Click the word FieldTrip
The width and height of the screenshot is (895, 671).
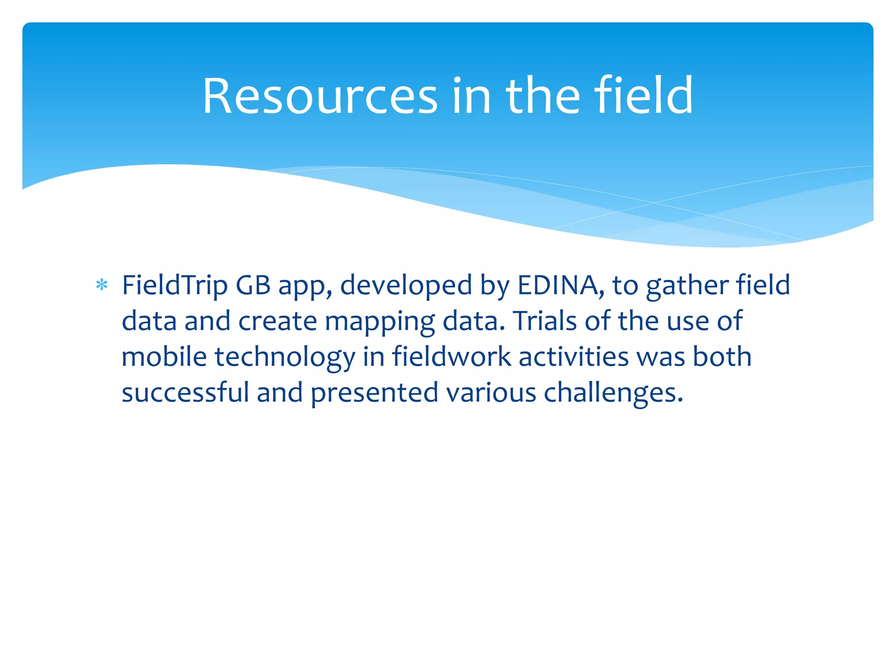click(x=175, y=286)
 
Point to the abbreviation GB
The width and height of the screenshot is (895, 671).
click(x=253, y=286)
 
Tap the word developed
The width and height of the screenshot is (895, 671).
click(x=406, y=286)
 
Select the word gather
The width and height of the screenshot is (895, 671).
click(x=687, y=286)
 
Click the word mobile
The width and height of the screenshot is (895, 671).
click(x=164, y=356)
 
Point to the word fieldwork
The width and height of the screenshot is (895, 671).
click(x=451, y=356)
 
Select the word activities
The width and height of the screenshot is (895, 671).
click(x=573, y=356)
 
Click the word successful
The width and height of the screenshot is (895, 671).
click(x=185, y=392)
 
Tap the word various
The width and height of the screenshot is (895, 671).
click(x=491, y=392)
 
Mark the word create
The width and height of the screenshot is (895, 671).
click(x=278, y=321)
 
